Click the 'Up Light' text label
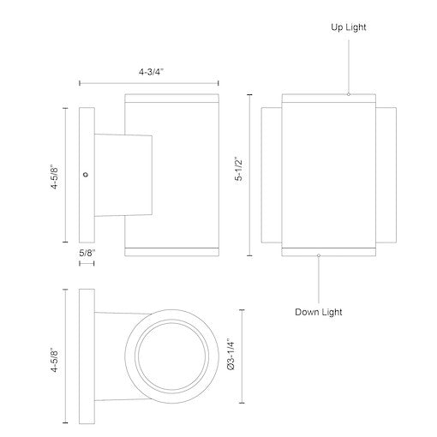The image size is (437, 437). (348, 27)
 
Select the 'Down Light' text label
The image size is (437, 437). (319, 312)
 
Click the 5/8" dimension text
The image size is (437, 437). (87, 253)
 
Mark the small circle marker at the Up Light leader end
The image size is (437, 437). (349, 93)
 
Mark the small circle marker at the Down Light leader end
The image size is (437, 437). (319, 254)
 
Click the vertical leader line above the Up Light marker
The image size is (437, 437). (349, 64)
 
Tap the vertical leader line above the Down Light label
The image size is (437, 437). (319, 278)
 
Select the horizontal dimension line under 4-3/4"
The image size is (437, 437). (150, 83)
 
